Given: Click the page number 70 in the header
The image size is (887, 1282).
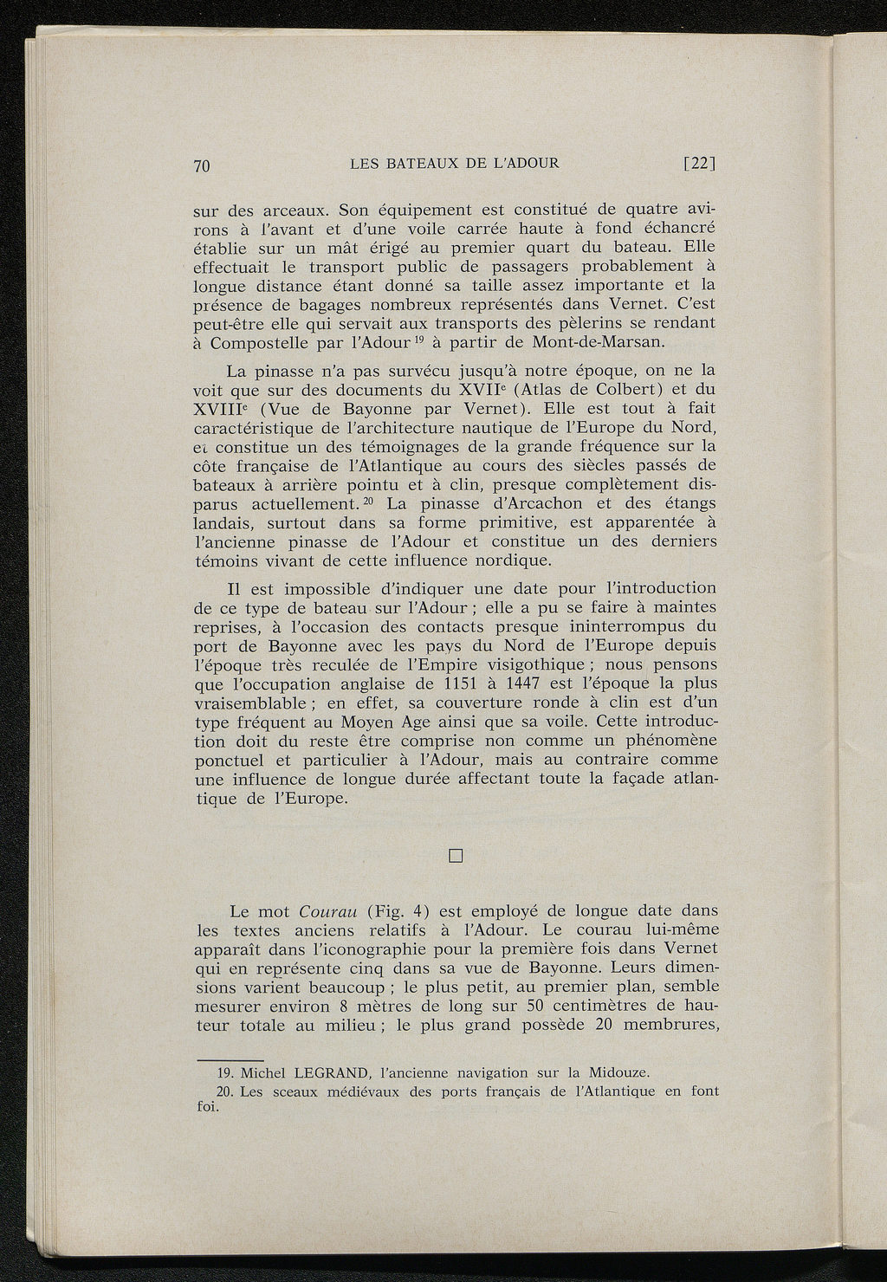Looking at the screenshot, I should (203, 167).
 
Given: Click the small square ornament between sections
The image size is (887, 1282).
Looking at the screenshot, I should (457, 857).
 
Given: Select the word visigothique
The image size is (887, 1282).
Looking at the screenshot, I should (520, 664).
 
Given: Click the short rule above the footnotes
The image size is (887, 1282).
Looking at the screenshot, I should (230, 1059).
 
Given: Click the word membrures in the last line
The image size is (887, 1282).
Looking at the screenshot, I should (670, 1026).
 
